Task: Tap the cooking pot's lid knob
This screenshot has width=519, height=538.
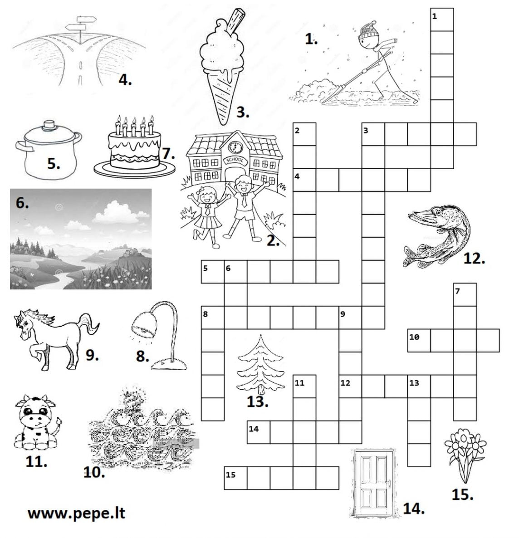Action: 50,125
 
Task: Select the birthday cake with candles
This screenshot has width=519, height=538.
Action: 135,147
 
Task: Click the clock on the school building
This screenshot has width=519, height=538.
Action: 235,147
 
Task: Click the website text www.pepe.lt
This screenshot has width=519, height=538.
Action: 76,514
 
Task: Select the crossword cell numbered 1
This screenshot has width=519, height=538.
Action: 442,20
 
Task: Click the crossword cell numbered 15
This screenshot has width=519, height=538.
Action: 235,478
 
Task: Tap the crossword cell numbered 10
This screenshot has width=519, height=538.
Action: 419,340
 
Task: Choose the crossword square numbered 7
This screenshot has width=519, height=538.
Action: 465,294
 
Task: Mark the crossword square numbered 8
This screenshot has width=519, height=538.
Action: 212,318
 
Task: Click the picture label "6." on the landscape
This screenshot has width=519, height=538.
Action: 22,203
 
